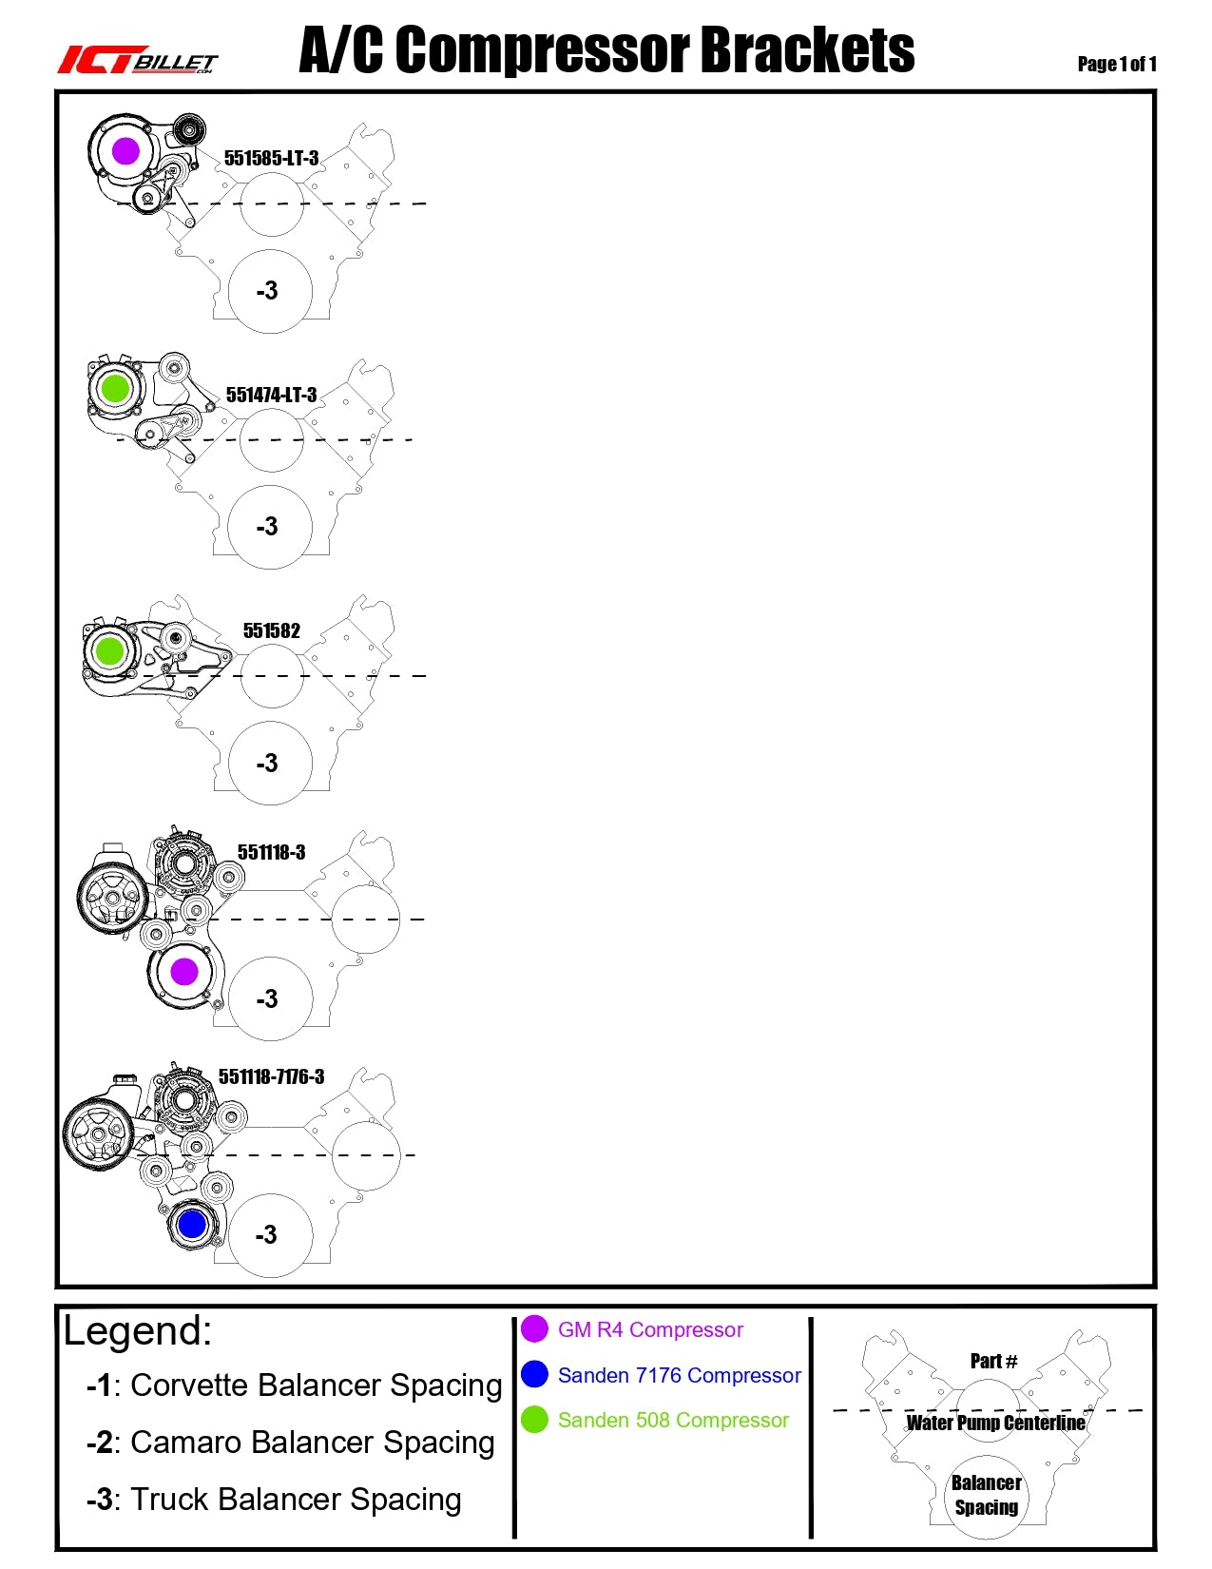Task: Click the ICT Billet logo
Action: pyautogui.click(x=138, y=61)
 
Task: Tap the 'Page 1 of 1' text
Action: pyautogui.click(x=1117, y=64)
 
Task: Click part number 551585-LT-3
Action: pyautogui.click(x=271, y=158)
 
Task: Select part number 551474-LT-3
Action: pyautogui.click(x=271, y=395)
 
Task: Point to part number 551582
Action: pyautogui.click(x=271, y=630)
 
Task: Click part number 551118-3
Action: pyautogui.click(x=271, y=852)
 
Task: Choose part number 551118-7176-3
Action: pyautogui.click(x=271, y=1076)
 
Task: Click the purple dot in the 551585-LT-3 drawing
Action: pyautogui.click(x=125, y=150)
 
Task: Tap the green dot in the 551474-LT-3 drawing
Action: pyautogui.click(x=115, y=388)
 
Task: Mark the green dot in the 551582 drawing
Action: pyautogui.click(x=109, y=650)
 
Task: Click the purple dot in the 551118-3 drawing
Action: pyautogui.click(x=183, y=971)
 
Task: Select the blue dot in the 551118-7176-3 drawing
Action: pyautogui.click(x=192, y=1224)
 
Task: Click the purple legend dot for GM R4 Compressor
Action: pyautogui.click(x=534, y=1328)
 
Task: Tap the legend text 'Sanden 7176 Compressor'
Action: pyautogui.click(x=679, y=1375)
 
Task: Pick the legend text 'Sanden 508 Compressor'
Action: pyautogui.click(x=673, y=1420)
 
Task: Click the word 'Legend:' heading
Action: pyautogui.click(x=138, y=1330)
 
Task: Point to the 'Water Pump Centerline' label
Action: pyautogui.click(x=995, y=1423)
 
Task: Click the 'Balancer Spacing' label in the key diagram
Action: pyautogui.click(x=987, y=1495)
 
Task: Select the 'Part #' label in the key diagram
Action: pyautogui.click(x=993, y=1361)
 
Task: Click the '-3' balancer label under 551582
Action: pyautogui.click(x=267, y=763)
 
